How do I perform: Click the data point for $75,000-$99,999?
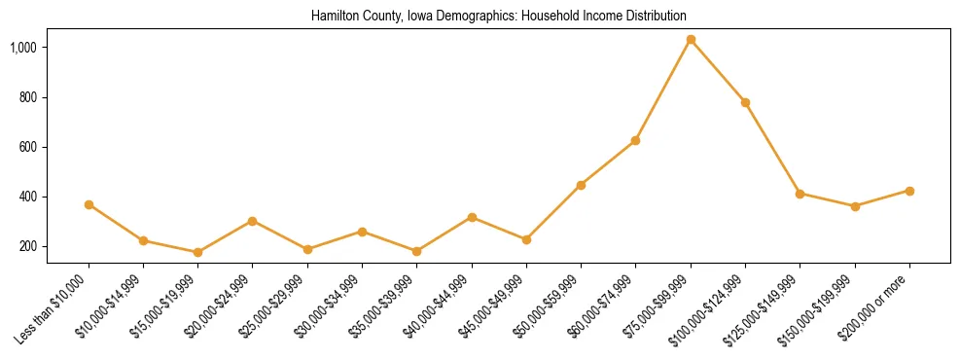[691, 40]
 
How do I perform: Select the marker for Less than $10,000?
[89, 205]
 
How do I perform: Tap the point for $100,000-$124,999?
[745, 102]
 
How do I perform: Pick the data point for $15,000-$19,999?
[197, 252]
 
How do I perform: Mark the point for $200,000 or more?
[909, 191]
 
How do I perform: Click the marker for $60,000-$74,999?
[635, 141]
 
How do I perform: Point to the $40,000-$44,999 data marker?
[472, 217]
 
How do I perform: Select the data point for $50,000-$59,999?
[581, 185]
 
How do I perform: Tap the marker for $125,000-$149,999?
[800, 194]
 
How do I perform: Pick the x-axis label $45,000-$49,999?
[493, 305]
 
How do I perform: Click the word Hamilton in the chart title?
[336, 17]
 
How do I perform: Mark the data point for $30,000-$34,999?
[362, 232]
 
